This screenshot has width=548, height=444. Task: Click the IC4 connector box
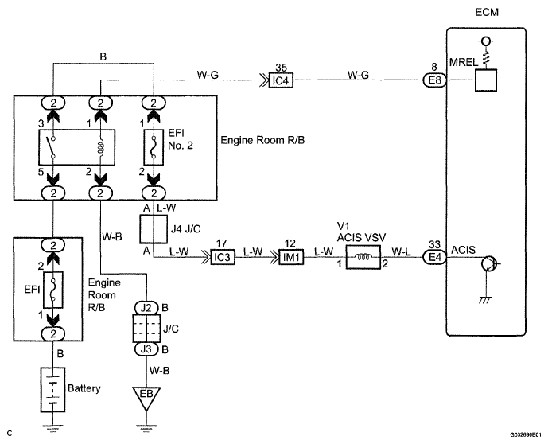coord(281,80)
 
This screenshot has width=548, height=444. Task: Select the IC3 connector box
coord(223,257)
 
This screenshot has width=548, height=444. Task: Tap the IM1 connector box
coord(291,257)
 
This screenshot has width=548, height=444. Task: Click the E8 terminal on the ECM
coord(435,80)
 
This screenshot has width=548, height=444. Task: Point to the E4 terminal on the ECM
coord(435,257)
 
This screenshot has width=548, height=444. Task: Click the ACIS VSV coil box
coord(363,257)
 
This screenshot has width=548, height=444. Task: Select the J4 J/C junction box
coord(154,229)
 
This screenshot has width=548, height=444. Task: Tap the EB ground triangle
coord(146,398)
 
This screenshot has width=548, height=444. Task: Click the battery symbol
coord(52,389)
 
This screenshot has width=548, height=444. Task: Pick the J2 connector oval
coord(146,308)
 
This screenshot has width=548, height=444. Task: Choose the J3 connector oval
coord(146,349)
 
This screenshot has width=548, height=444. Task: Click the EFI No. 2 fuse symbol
coord(154,147)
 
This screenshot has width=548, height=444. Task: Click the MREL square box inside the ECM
coord(486,80)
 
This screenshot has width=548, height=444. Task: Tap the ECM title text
coord(487,12)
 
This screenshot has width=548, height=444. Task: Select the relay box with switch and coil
coord(76,147)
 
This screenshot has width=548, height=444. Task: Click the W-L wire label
coord(401,251)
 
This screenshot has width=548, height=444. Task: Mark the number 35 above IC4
coord(281,67)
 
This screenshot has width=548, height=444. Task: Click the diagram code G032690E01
coord(528,435)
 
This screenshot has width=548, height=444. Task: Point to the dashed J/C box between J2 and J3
coord(146,329)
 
